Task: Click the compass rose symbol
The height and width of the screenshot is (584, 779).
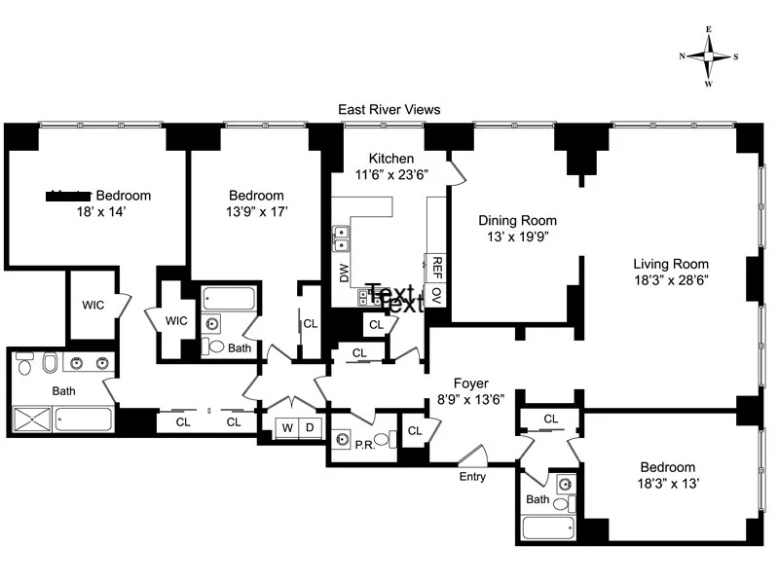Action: [x=709, y=56]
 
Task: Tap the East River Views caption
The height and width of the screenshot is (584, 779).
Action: [x=389, y=111]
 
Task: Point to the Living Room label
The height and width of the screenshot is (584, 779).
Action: [x=671, y=264]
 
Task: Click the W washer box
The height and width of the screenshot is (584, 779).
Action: [x=288, y=427]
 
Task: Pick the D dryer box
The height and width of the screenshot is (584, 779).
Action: [x=311, y=427]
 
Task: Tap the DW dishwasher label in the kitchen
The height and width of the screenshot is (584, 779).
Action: [x=344, y=274]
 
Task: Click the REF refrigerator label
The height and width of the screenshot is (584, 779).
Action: [x=437, y=267]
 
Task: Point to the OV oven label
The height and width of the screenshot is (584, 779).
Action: [x=437, y=295]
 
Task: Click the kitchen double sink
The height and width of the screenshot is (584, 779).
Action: [x=342, y=237]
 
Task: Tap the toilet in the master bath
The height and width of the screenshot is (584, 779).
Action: [x=50, y=364]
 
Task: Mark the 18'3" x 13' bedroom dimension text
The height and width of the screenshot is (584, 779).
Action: [x=668, y=484]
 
